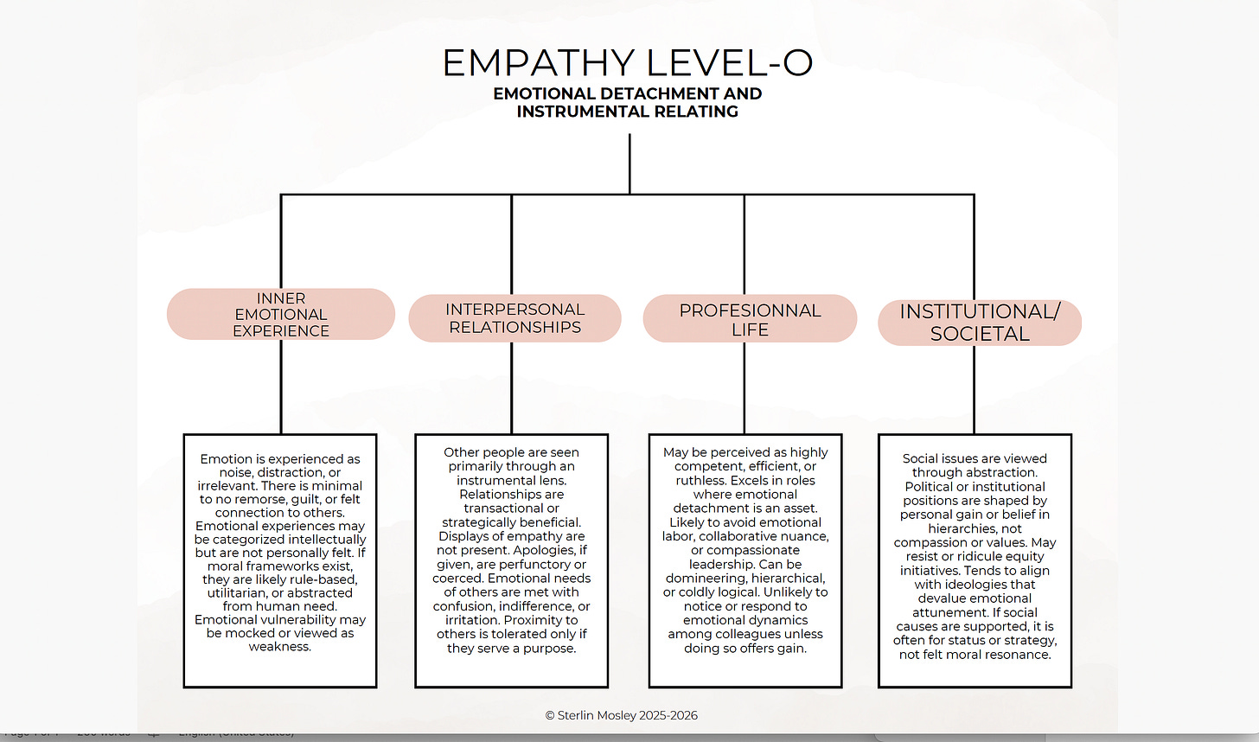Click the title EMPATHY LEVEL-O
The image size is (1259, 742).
tap(628, 63)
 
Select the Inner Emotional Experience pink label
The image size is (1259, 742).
tap(281, 314)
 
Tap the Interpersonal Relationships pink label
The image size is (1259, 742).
tap(514, 318)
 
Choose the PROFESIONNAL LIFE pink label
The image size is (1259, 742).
tap(750, 319)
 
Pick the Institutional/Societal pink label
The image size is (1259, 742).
tap(980, 323)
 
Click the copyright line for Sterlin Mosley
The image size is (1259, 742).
tap(621, 715)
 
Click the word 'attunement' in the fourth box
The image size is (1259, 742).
tap(949, 612)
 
